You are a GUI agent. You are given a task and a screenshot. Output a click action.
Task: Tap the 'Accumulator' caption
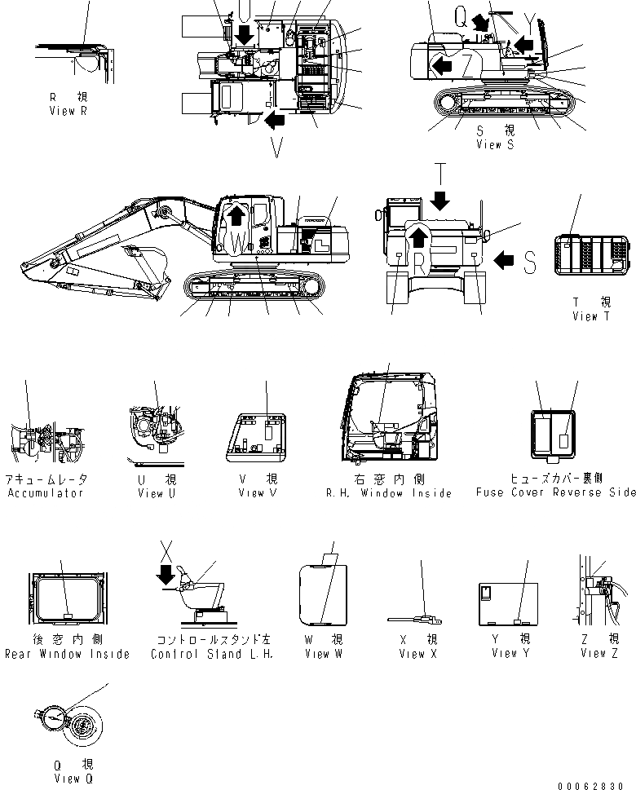tap(45, 493)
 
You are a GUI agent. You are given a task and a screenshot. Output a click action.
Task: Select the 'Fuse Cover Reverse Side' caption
tap(555, 492)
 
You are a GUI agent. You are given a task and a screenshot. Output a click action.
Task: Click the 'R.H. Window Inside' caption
tap(389, 493)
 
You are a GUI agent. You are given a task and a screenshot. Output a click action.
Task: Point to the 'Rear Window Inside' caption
tap(67, 654)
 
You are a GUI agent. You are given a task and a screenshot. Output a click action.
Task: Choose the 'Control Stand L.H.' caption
tap(211, 654)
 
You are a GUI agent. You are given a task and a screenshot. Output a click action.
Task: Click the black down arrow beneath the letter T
tap(440, 200)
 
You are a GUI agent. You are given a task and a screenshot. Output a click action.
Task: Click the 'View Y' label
tap(505, 653)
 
